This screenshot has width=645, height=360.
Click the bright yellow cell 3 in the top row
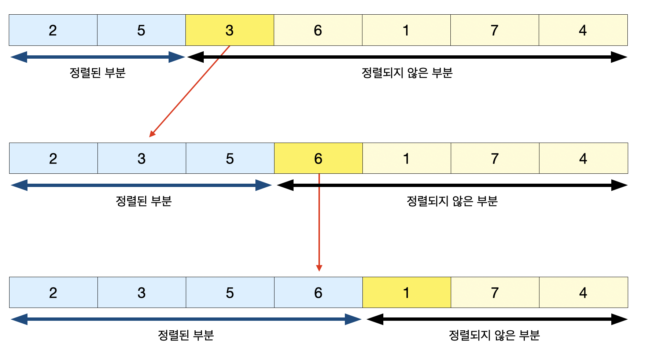(x=230, y=30)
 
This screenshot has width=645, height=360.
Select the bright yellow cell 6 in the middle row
(x=318, y=158)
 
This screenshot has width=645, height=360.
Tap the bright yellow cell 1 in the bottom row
(x=406, y=293)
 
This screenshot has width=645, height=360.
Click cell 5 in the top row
(x=141, y=30)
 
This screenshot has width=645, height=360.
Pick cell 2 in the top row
(x=53, y=30)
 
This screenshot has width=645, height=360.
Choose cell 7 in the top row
(x=494, y=30)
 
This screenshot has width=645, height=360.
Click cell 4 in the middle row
(x=583, y=158)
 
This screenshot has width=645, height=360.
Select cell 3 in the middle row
(x=141, y=158)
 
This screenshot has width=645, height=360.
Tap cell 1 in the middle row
(x=406, y=158)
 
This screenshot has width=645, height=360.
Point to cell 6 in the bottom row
(x=318, y=293)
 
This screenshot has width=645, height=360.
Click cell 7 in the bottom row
(x=495, y=293)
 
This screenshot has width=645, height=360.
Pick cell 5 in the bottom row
(x=230, y=293)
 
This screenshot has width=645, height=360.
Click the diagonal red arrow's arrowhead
(x=152, y=134)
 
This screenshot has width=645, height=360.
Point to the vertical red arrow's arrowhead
(x=319, y=268)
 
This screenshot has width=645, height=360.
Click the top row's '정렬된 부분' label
(x=97, y=73)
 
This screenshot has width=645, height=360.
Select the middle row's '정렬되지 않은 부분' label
(x=452, y=201)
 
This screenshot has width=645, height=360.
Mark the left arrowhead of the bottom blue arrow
(x=18, y=319)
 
